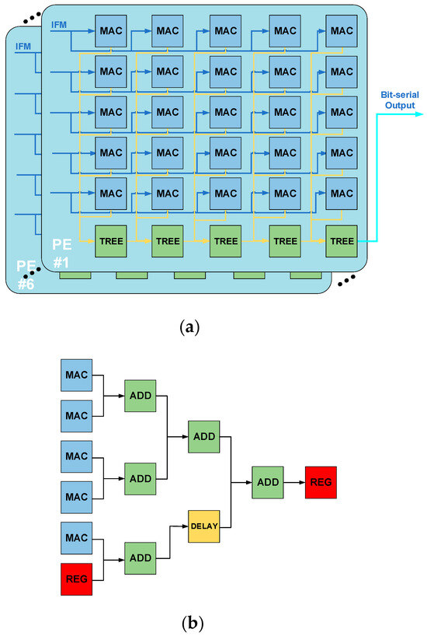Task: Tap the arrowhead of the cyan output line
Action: point(420,114)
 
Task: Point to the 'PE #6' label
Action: point(26,276)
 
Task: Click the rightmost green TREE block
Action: point(342,241)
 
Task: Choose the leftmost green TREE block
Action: point(109,241)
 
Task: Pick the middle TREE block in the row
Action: point(226,241)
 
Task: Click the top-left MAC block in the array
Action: point(109,30)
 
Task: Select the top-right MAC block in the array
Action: point(342,30)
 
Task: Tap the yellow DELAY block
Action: point(204,526)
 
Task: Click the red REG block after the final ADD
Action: point(321,483)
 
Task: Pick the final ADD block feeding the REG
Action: point(267,483)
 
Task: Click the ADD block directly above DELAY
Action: point(204,437)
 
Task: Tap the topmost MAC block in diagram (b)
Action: point(77,375)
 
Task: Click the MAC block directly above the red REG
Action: point(77,537)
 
